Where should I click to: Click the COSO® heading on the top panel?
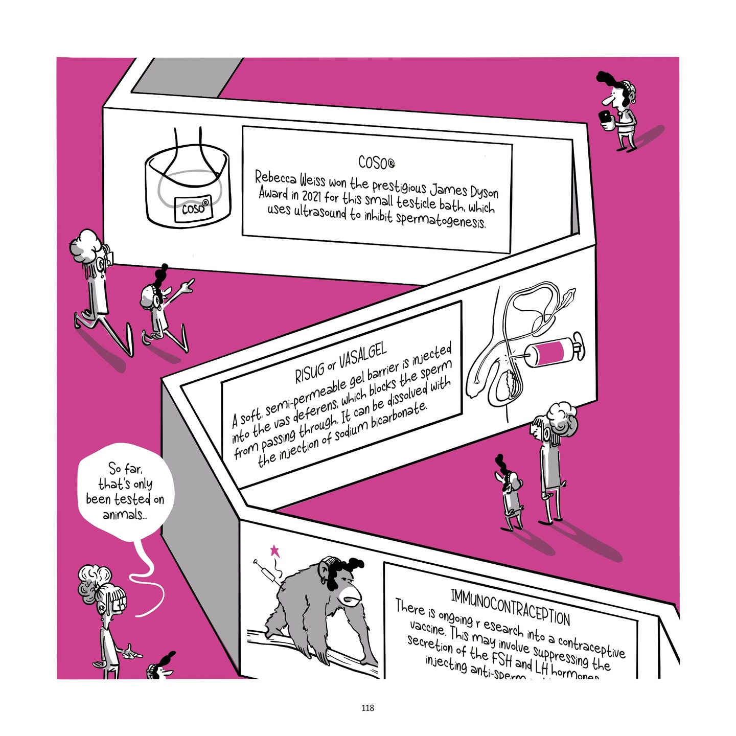point(376,163)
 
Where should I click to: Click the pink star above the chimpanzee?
point(275,550)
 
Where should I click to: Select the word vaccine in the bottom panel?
point(427,629)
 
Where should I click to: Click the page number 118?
point(367,708)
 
